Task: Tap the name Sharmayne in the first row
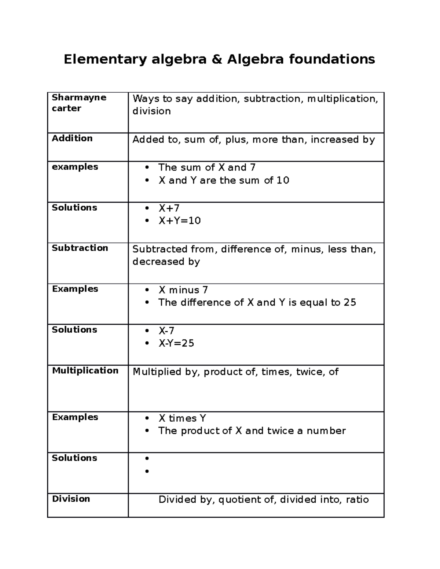(79, 97)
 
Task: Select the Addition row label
(72, 138)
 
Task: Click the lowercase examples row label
(75, 167)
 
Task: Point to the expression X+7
(169, 208)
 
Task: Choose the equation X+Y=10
(179, 221)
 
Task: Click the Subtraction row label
(80, 248)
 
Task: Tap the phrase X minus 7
(183, 290)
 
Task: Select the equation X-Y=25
(176, 343)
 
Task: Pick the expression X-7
(166, 330)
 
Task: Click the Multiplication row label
(85, 371)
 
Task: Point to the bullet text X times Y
(182, 418)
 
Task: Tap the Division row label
(71, 499)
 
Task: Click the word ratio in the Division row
(357, 499)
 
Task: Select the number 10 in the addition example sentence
(283, 180)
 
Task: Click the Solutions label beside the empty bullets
(74, 458)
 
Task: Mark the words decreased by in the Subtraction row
(166, 262)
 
